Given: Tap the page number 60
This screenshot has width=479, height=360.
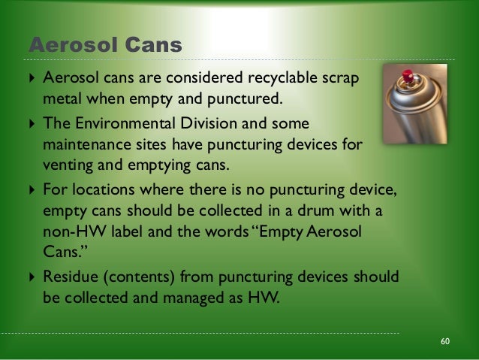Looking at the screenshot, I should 445,342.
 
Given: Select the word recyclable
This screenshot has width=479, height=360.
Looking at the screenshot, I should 286,79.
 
